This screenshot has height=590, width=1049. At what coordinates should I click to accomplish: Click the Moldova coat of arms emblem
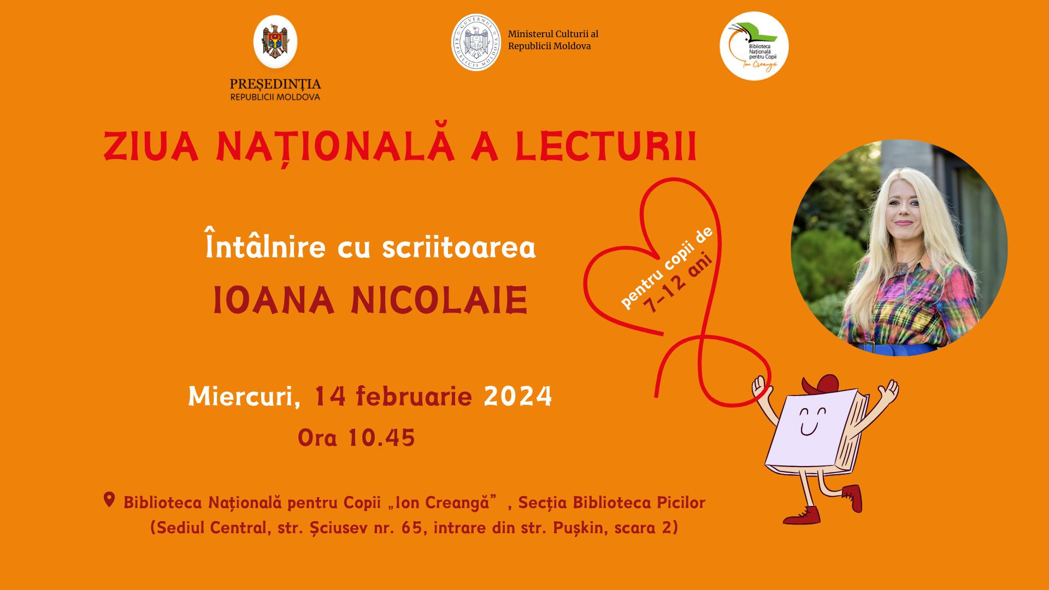pos(275,42)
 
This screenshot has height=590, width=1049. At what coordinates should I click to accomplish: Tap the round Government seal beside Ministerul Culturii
pos(476,43)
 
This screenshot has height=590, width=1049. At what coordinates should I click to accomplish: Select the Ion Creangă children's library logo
pos(754,46)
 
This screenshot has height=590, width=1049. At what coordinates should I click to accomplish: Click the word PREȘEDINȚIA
pos(275,85)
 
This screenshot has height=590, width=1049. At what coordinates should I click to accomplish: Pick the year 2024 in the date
pos(518,396)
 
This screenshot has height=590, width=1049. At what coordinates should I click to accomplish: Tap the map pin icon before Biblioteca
pos(109,500)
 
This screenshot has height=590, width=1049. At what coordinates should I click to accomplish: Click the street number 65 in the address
pos(411,528)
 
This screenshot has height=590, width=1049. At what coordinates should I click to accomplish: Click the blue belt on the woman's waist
pos(896,348)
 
